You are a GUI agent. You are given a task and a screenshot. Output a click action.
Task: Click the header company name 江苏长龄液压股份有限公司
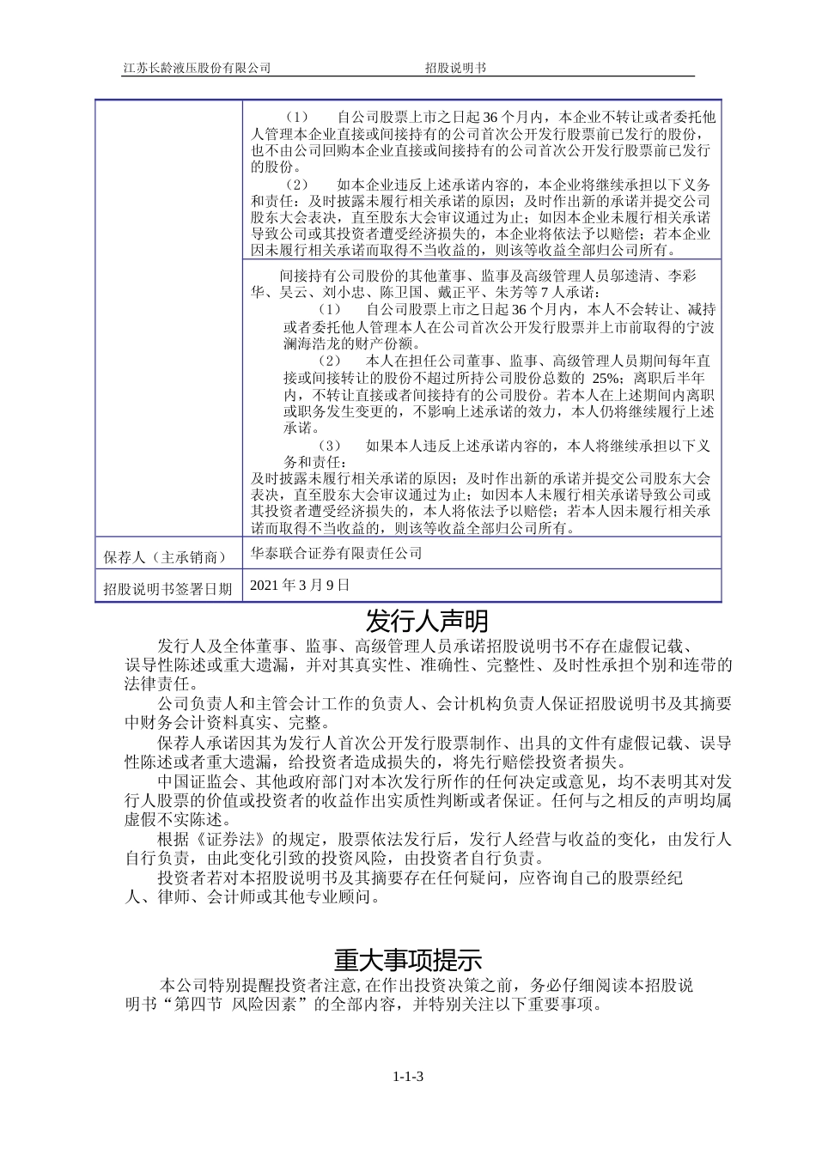click(x=197, y=68)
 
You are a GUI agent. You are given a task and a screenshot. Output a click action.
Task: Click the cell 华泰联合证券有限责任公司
click(x=337, y=553)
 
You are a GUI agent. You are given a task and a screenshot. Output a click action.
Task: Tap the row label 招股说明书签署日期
click(x=167, y=588)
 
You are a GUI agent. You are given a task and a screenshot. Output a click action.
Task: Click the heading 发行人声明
click(x=426, y=620)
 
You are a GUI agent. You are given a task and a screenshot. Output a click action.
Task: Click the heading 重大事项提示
click(x=408, y=957)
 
